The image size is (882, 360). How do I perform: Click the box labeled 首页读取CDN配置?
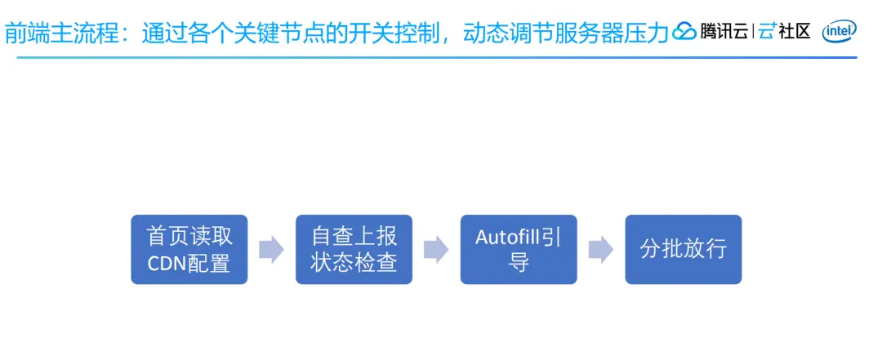189,249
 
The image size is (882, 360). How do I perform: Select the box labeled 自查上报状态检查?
354,249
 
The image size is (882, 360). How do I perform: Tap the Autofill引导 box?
519,249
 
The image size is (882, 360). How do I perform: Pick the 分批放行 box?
684,249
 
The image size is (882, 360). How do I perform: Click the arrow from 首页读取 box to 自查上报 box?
271,250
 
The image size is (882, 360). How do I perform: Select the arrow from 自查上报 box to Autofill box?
436,250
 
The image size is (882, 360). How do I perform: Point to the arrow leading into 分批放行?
601,250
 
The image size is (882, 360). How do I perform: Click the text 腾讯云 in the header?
724,33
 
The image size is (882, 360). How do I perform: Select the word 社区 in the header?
794,33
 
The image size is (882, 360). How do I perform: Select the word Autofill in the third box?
507,238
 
